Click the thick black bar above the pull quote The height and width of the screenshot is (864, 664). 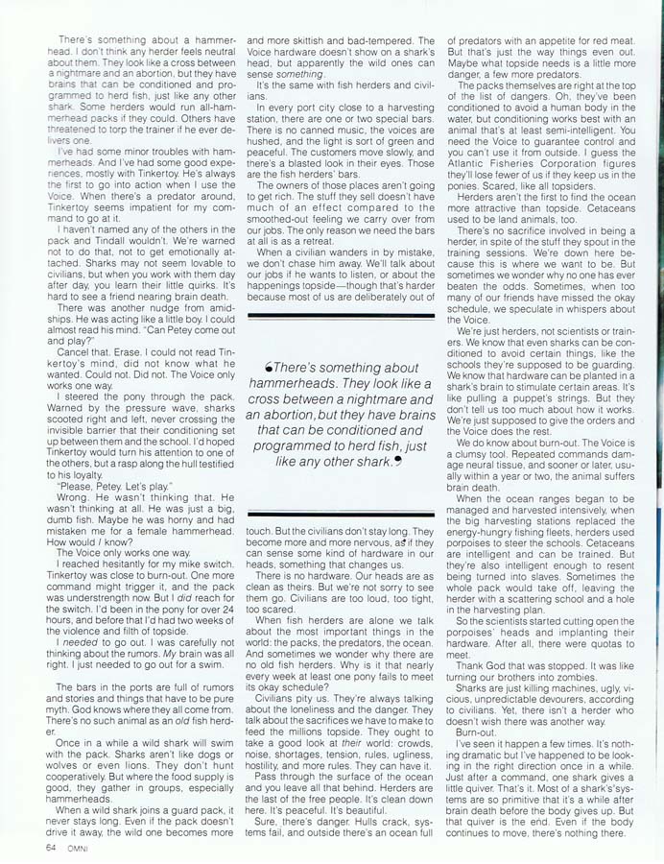click(x=341, y=315)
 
